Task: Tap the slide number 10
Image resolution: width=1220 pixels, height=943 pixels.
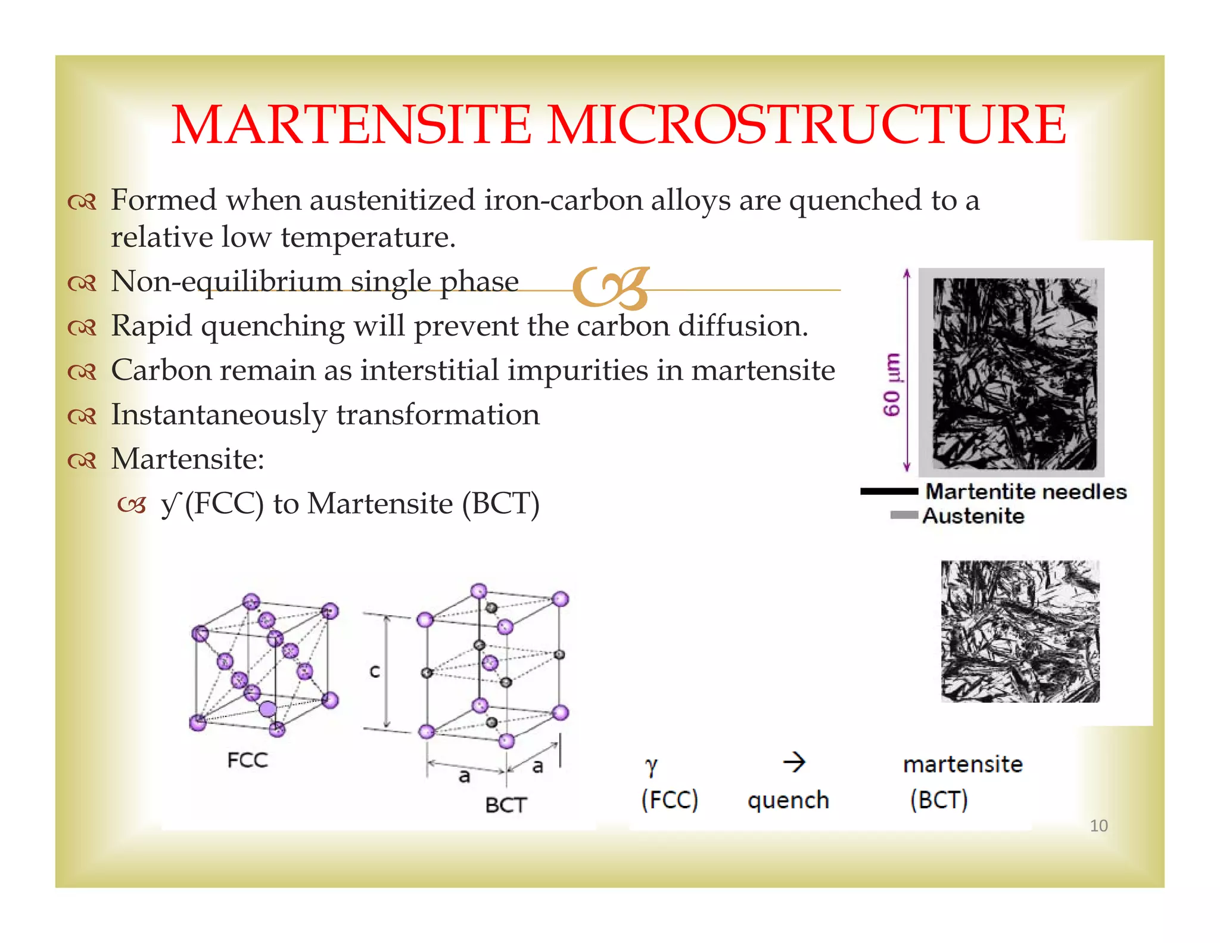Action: (x=1098, y=826)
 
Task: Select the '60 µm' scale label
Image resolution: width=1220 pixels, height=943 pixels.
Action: (x=892, y=385)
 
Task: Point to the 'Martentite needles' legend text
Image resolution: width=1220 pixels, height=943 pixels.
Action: (x=1026, y=492)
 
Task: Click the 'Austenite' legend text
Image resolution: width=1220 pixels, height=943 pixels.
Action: (x=973, y=516)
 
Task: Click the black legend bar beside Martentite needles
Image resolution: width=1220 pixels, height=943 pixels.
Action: (x=889, y=492)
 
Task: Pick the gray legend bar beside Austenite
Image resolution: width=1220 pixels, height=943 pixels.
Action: (x=904, y=515)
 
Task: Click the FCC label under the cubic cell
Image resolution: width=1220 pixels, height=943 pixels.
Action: (x=248, y=761)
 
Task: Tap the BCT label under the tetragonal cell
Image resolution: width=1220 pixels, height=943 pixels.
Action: (x=506, y=805)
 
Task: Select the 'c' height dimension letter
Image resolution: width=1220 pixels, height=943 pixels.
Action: (x=375, y=671)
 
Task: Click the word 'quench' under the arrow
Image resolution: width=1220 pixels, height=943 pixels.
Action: (x=788, y=801)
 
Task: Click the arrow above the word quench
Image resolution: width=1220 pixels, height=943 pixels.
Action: (x=794, y=762)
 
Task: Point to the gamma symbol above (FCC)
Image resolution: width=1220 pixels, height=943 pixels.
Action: (x=652, y=765)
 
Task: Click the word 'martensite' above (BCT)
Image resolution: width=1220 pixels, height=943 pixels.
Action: (x=963, y=764)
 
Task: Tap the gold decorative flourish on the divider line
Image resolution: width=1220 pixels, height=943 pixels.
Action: (x=611, y=289)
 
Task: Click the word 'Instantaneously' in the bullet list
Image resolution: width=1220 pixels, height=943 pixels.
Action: (x=219, y=415)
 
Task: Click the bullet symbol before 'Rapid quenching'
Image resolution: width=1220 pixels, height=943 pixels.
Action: (x=82, y=328)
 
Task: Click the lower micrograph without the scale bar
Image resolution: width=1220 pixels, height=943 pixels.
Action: (x=1020, y=631)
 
